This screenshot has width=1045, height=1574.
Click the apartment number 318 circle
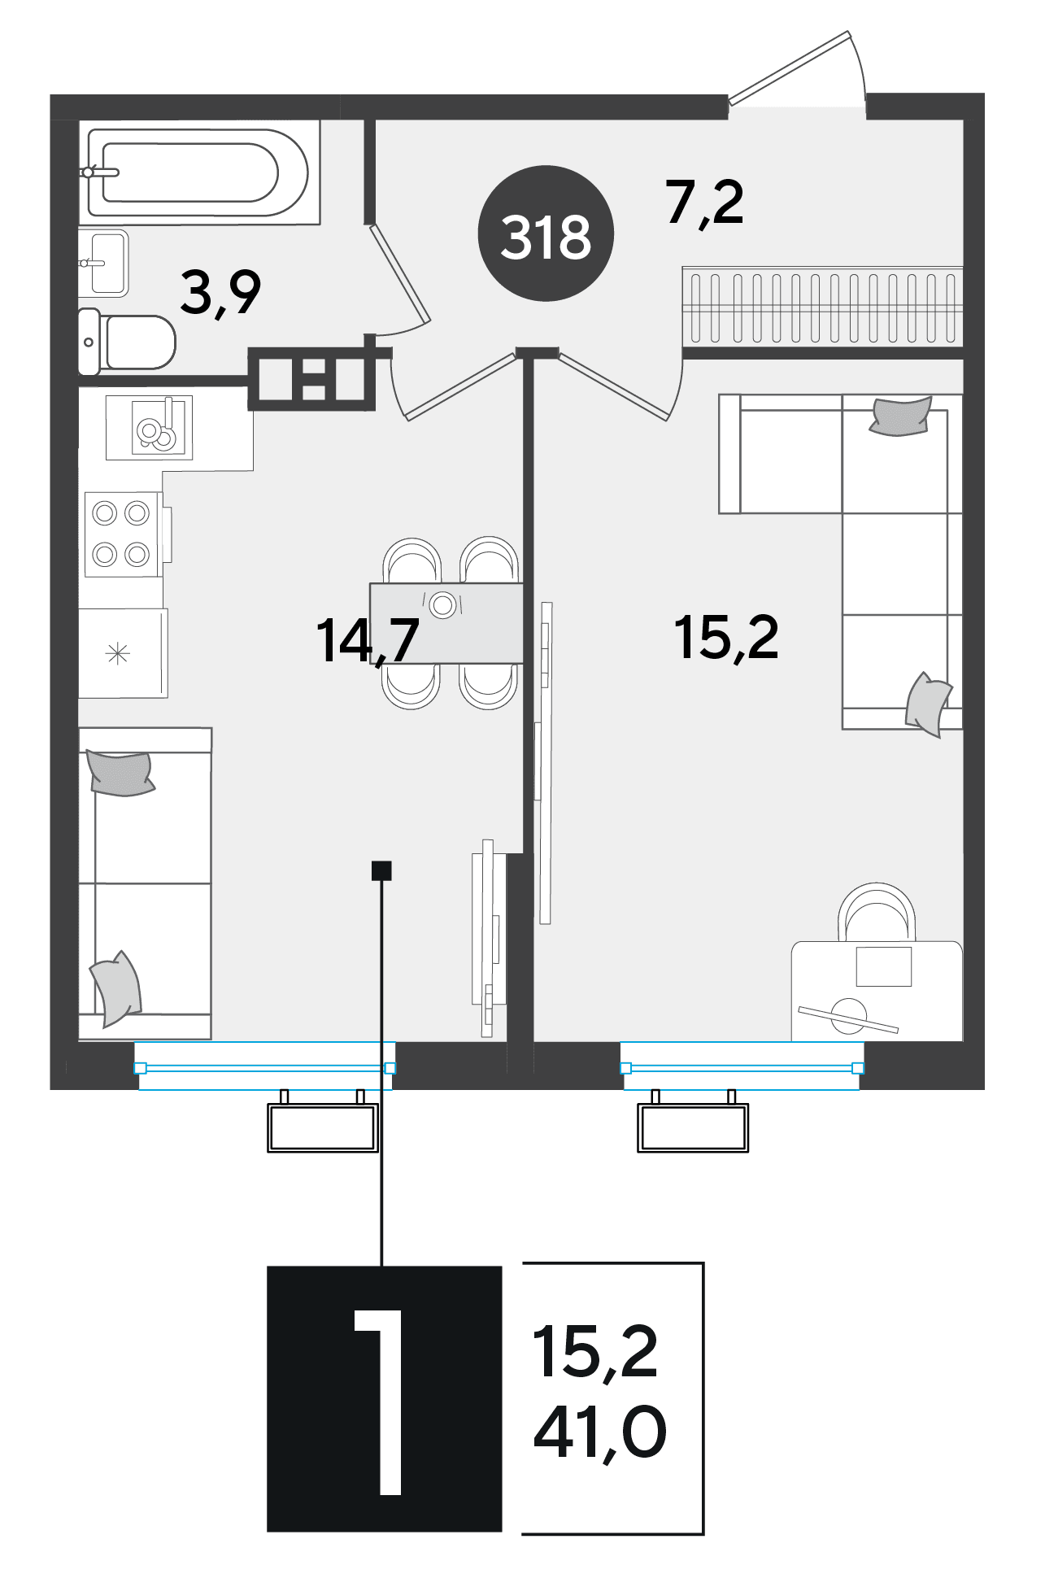[x=545, y=233]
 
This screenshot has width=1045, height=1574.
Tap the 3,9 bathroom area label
[x=220, y=293]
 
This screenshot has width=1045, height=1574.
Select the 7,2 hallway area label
[x=704, y=203]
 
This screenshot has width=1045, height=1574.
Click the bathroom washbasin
[x=104, y=263]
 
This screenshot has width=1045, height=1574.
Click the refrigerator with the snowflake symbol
[x=123, y=653]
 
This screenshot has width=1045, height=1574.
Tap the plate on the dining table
[x=443, y=604]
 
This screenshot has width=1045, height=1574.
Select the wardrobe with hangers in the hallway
[x=822, y=307]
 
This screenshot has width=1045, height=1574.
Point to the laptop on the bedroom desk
[x=883, y=966]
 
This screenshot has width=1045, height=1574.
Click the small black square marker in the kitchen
[x=381, y=871]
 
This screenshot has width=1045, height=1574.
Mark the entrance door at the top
[x=797, y=70]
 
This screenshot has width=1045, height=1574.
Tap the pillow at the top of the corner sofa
[x=900, y=416]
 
